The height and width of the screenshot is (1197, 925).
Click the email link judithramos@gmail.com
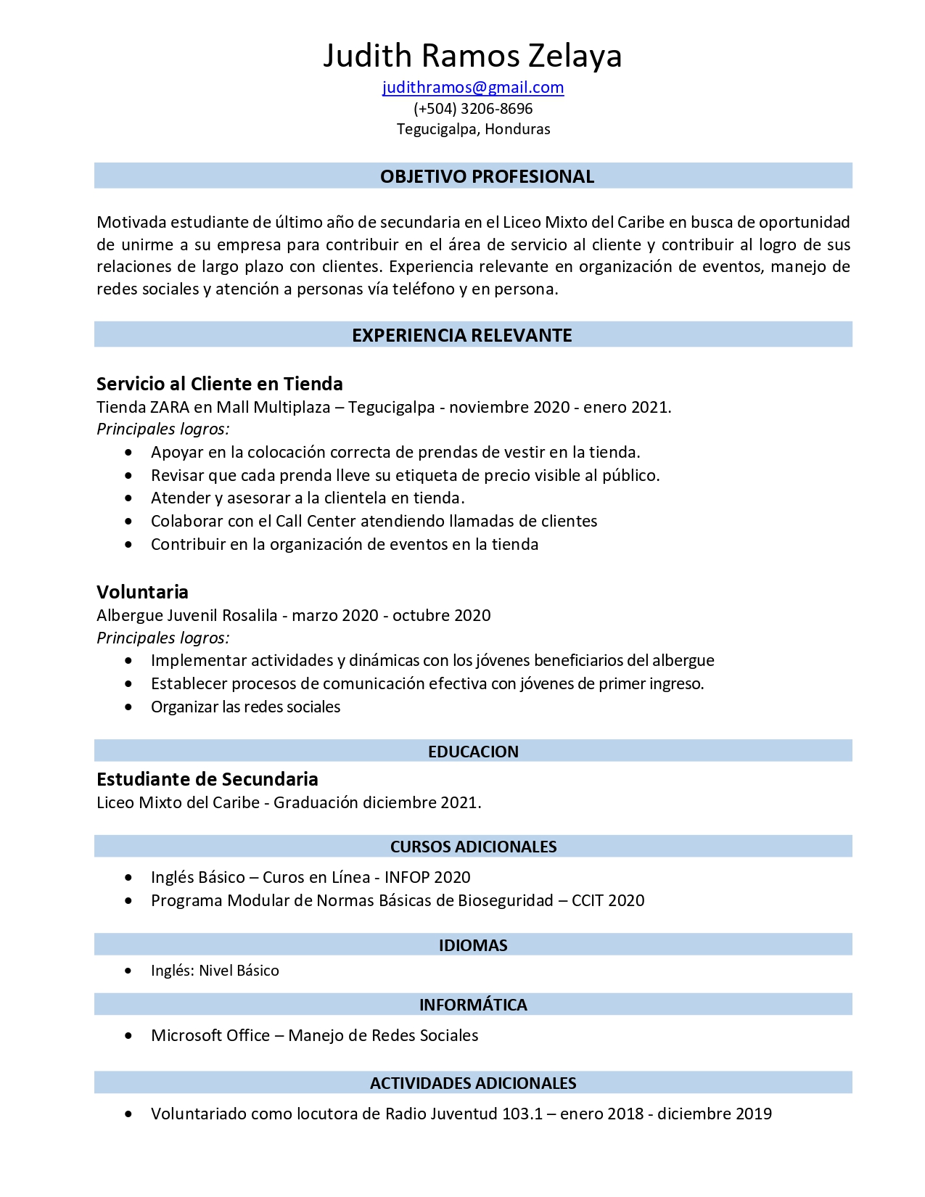473,88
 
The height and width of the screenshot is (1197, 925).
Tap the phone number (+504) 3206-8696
473,109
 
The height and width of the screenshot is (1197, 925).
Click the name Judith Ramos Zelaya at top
472,56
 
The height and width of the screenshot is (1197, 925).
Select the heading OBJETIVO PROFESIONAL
487,176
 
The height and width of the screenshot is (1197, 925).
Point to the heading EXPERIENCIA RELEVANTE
462,335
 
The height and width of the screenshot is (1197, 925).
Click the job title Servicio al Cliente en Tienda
220,384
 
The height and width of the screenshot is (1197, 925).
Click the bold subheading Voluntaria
142,592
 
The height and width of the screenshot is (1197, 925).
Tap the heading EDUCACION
473,752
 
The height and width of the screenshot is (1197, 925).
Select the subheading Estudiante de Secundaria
207,779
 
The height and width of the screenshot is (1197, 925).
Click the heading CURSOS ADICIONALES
473,847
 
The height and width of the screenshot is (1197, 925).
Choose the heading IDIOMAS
473,945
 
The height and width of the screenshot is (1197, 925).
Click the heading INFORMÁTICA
473,1005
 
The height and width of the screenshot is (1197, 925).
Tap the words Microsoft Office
210,1035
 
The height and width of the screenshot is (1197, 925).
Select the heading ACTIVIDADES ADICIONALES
473,1083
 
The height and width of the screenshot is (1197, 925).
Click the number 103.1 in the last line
522,1114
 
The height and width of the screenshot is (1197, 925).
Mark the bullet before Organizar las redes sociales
128,707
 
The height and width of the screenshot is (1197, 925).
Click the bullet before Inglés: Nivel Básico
128,971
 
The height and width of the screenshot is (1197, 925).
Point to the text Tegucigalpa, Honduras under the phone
473,129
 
